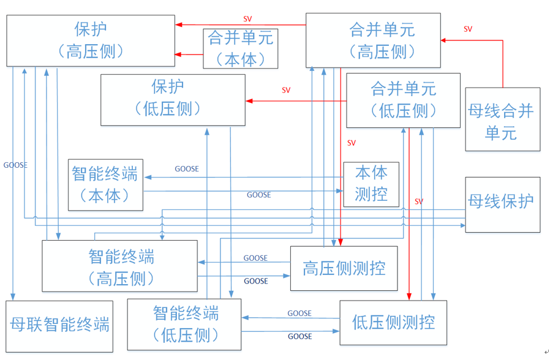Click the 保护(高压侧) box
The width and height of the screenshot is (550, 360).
tap(90, 40)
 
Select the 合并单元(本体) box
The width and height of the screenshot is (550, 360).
tap(241, 48)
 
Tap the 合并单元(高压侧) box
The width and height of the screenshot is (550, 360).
tap(373, 40)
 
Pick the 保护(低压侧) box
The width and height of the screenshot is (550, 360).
tap(173, 100)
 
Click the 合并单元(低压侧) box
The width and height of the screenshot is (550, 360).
tap(403, 100)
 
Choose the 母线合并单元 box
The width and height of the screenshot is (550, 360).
tap(502, 119)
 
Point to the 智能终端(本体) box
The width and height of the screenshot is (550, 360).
tap(105, 184)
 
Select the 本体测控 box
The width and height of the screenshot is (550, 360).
tap(371, 184)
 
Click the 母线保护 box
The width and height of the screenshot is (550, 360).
tap(502, 204)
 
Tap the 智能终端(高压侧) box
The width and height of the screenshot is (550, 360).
tap(119, 266)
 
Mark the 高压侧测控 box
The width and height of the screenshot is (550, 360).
tap(344, 268)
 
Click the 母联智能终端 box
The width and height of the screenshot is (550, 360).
tap(60, 325)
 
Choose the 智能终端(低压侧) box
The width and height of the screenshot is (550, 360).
tap(184, 324)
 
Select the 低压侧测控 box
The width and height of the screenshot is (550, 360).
tap(393, 322)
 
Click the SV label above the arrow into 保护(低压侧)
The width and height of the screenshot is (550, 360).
tap(286, 91)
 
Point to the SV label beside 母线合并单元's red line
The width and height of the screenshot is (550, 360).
tap(468, 29)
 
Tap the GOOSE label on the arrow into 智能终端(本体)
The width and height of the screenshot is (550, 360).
tap(187, 169)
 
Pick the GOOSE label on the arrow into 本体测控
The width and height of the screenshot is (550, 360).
tap(258, 195)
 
